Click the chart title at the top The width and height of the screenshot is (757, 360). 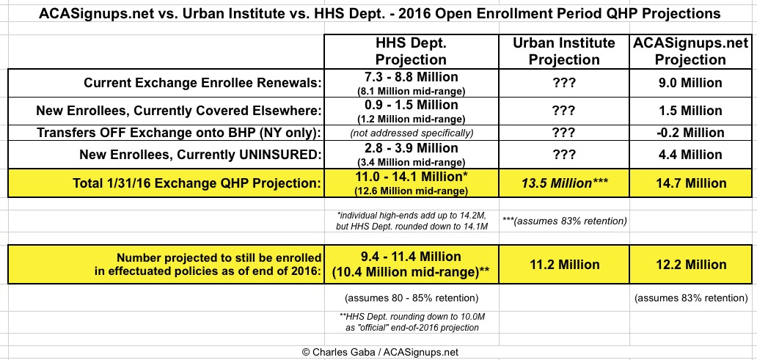378,13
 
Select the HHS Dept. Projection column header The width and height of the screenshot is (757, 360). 411,51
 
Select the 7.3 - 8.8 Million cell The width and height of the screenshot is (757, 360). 411,77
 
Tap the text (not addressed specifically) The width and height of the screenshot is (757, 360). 411,133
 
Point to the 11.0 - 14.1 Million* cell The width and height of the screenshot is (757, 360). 411,177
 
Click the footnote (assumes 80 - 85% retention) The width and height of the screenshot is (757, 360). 411,298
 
